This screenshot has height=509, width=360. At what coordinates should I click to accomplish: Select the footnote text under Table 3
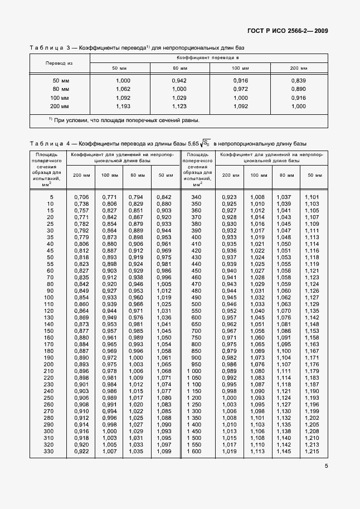click(x=123, y=120)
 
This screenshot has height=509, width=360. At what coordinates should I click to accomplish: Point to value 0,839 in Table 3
click(x=298, y=81)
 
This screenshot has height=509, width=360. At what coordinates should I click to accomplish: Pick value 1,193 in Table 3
click(x=123, y=106)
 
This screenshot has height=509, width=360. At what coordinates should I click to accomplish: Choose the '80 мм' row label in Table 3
click(x=60, y=89)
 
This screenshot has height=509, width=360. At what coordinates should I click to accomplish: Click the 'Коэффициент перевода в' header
click(x=208, y=57)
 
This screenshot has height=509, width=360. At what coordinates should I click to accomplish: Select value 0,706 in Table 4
click(x=81, y=197)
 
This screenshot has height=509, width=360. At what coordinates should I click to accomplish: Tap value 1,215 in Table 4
click(x=313, y=452)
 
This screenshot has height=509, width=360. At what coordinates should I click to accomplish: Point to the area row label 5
click(x=51, y=197)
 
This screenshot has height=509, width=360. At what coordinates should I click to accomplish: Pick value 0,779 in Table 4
click(x=81, y=237)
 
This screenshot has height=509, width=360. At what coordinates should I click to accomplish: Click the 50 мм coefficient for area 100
click(x=164, y=298)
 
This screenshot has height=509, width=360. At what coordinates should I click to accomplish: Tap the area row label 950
click(x=196, y=365)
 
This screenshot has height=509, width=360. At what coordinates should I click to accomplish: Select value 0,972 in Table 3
click(x=241, y=89)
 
